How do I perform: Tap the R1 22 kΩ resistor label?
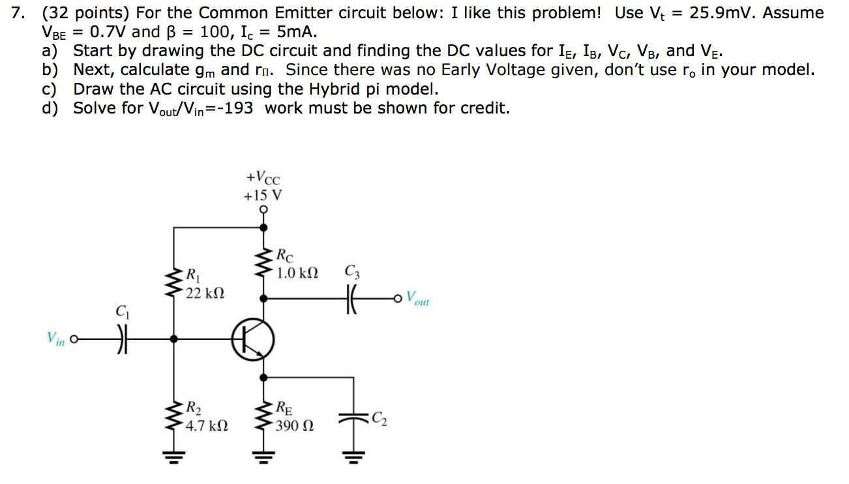click(205, 284)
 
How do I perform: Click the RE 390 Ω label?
click(293, 417)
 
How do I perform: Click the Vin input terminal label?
click(55, 339)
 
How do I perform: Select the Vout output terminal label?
click(417, 299)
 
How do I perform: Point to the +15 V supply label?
click(263, 195)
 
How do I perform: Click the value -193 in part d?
click(234, 108)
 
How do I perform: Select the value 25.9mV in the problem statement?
click(724, 13)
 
